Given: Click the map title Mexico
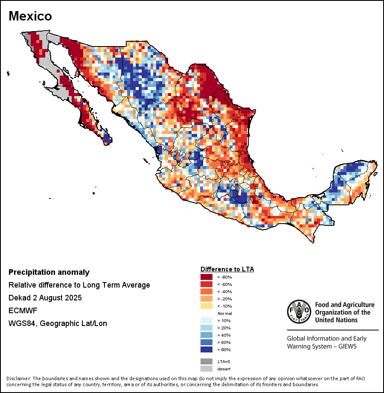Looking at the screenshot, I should click(30, 16).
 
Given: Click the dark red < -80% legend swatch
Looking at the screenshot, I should click(207, 277).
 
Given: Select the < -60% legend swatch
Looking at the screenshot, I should click(207, 285).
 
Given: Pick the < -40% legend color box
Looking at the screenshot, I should click(207, 292).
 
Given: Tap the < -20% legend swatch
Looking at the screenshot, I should click(207, 299).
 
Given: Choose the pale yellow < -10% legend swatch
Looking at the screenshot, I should click(207, 306).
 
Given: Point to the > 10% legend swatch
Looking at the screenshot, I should click(207, 321).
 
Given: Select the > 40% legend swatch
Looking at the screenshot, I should click(207, 335).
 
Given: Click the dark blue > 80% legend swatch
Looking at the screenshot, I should click(207, 349).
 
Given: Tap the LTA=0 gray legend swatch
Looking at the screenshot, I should click(207, 361).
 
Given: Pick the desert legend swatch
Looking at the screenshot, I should click(207, 369).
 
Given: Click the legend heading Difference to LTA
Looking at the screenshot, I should click(227, 269).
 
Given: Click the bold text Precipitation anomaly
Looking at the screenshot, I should click(49, 272).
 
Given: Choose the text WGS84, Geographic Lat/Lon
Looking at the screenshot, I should click(58, 323).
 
